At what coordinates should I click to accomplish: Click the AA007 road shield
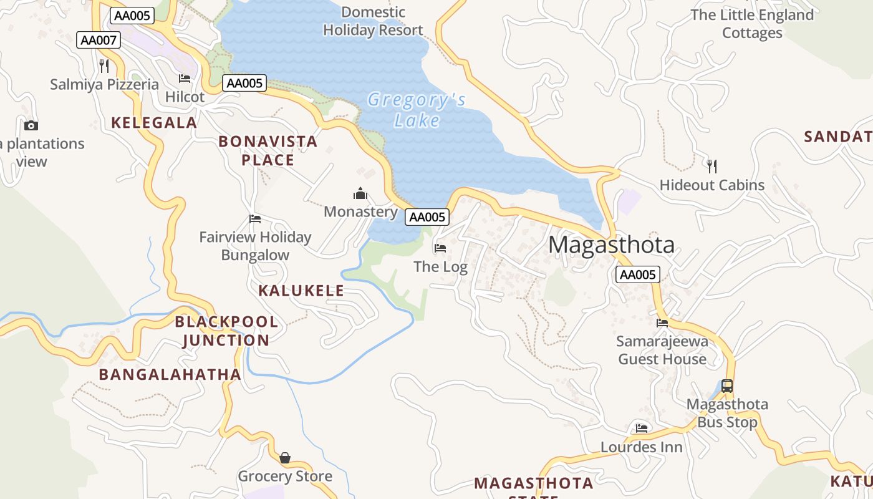pyautogui.click(x=99, y=41)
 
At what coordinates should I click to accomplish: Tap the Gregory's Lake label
pyautogui.click(x=417, y=110)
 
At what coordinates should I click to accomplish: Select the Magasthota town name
pyautogui.click(x=611, y=245)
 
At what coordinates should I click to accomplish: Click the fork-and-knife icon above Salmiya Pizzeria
pyautogui.click(x=104, y=65)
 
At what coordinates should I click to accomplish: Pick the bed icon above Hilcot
pyautogui.click(x=185, y=79)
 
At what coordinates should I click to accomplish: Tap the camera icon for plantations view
pyautogui.click(x=31, y=125)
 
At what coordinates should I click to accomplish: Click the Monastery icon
pyautogui.click(x=360, y=194)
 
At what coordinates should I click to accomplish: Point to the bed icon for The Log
pyautogui.click(x=440, y=248)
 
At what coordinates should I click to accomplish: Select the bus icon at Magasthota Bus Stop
pyautogui.click(x=727, y=386)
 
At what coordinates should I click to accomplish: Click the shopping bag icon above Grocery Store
pyautogui.click(x=285, y=458)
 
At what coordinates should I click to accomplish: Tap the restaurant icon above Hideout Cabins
pyautogui.click(x=712, y=167)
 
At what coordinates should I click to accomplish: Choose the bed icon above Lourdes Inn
pyautogui.click(x=642, y=429)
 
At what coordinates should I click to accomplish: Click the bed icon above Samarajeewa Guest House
pyautogui.click(x=662, y=322)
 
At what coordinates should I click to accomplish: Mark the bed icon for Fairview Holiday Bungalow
pyautogui.click(x=255, y=219)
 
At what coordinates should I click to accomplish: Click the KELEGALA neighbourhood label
pyautogui.click(x=154, y=123)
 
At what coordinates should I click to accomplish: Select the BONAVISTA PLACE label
pyautogui.click(x=268, y=151)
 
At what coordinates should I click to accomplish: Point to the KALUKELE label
pyautogui.click(x=301, y=291)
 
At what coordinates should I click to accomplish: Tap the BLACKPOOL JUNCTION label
pyautogui.click(x=226, y=331)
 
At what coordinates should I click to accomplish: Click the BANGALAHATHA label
pyautogui.click(x=170, y=374)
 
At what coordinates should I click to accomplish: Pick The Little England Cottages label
pyautogui.click(x=752, y=24)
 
